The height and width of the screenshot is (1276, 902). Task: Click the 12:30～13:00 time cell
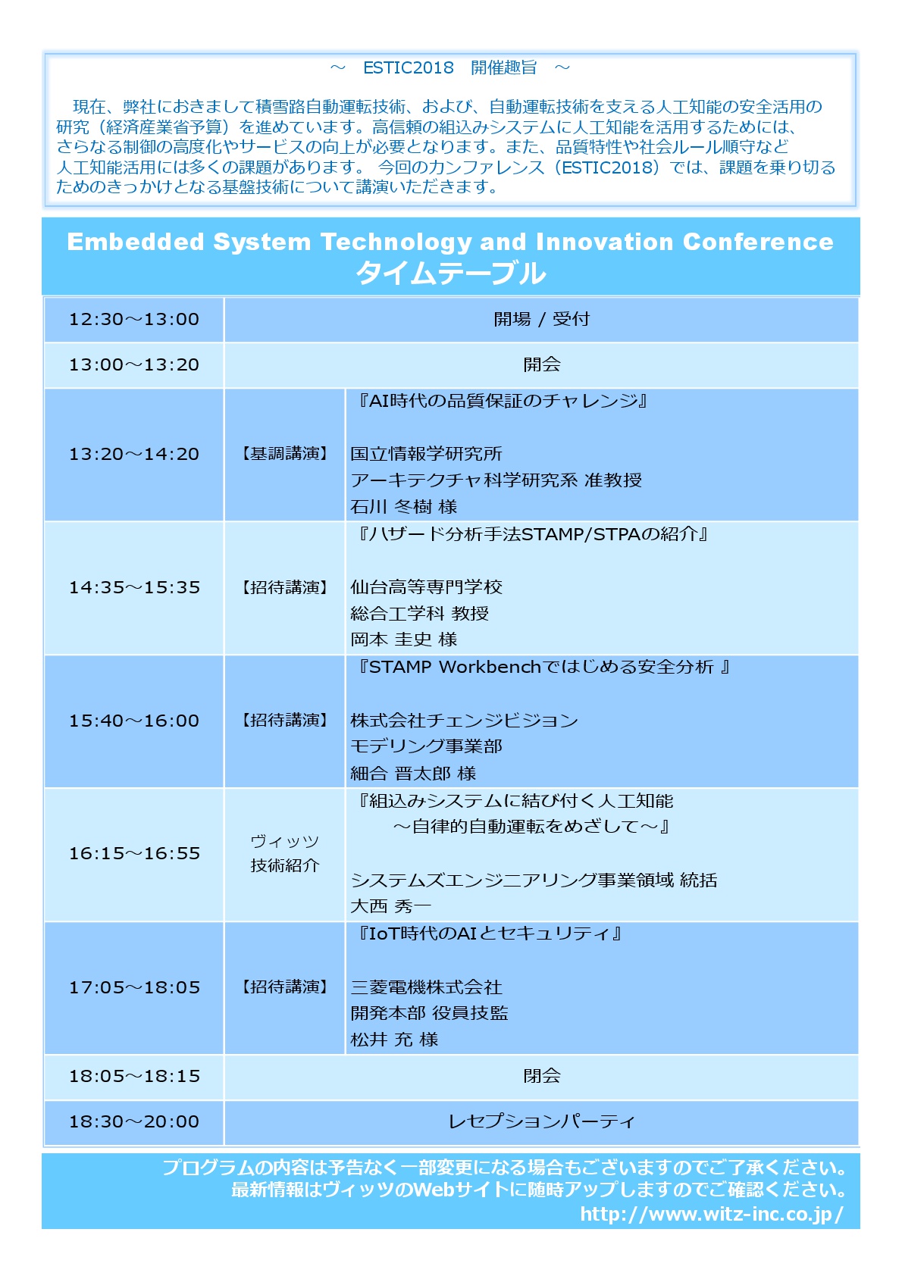134,319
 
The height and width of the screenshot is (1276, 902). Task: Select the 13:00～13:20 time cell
134,364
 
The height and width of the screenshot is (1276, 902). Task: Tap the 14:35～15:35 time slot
134,587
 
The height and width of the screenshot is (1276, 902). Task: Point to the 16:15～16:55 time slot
134,853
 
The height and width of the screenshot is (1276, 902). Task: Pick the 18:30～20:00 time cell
134,1121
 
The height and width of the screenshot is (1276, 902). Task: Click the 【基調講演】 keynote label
284,454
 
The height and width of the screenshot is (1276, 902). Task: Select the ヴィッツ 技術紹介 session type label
284,853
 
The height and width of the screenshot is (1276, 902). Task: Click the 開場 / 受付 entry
541,319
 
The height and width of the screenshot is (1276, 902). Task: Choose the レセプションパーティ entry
541,1121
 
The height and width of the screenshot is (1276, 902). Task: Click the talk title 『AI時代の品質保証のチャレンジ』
501,401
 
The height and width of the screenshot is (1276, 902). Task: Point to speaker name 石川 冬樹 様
403,506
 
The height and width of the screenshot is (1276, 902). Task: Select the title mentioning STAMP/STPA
531,534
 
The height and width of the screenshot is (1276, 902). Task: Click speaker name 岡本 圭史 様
403,640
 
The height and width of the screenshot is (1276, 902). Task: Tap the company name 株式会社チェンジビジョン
464,721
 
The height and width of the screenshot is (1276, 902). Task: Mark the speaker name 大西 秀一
390,905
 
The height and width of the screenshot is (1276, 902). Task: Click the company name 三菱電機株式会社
426,987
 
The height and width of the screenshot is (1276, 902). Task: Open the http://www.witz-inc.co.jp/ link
712,1215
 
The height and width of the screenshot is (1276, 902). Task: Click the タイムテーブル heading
451,273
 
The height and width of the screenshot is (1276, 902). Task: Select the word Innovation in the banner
604,242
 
